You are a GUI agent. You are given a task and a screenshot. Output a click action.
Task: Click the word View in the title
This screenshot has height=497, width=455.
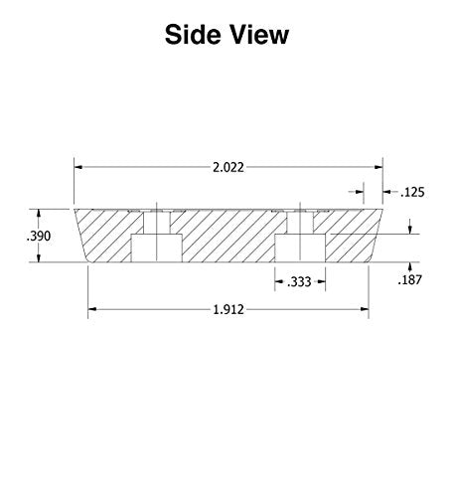coord(259,34)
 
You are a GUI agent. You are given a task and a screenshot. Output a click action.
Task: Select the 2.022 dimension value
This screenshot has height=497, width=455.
coord(228,167)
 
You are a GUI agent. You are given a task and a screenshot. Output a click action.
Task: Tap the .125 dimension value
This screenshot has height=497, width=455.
coord(412,192)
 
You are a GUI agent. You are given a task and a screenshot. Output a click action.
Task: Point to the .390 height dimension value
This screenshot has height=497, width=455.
coord(39,237)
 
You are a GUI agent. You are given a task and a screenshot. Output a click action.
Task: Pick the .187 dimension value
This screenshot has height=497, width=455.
coord(410,280)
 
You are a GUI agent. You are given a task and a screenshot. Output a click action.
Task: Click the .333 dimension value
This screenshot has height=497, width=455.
coord(299,282)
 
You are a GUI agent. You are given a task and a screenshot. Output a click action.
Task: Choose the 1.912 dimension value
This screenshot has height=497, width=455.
coord(228,310)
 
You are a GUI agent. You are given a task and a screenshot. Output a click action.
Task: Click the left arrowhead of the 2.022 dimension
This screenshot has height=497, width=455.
coord(78,167)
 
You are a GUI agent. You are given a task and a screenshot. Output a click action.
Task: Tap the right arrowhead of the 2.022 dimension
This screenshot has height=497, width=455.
coord(379,167)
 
